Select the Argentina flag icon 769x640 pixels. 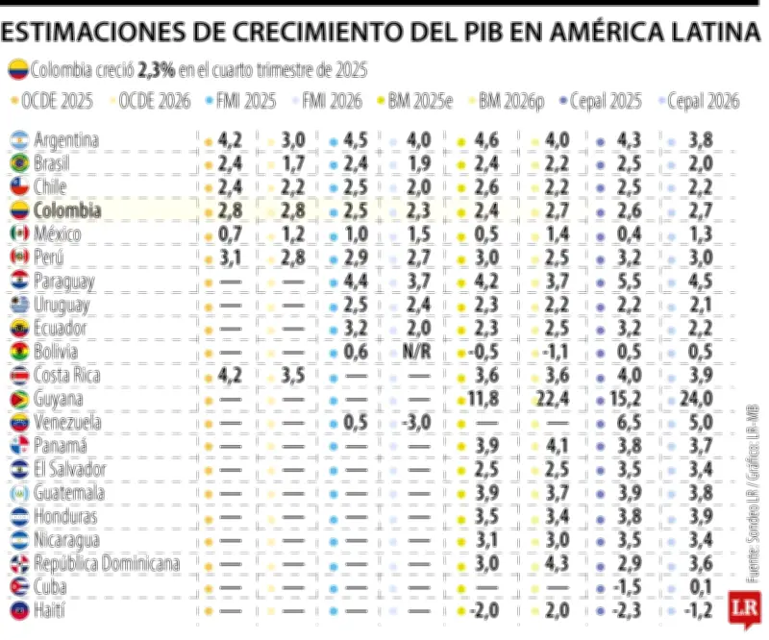click(17, 140)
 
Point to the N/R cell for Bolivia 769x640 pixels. click(415, 352)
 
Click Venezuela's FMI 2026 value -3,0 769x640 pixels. click(415, 423)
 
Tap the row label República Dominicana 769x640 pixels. click(107, 563)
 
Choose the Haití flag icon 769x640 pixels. click(17, 610)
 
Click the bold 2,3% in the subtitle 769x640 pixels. click(157, 70)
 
